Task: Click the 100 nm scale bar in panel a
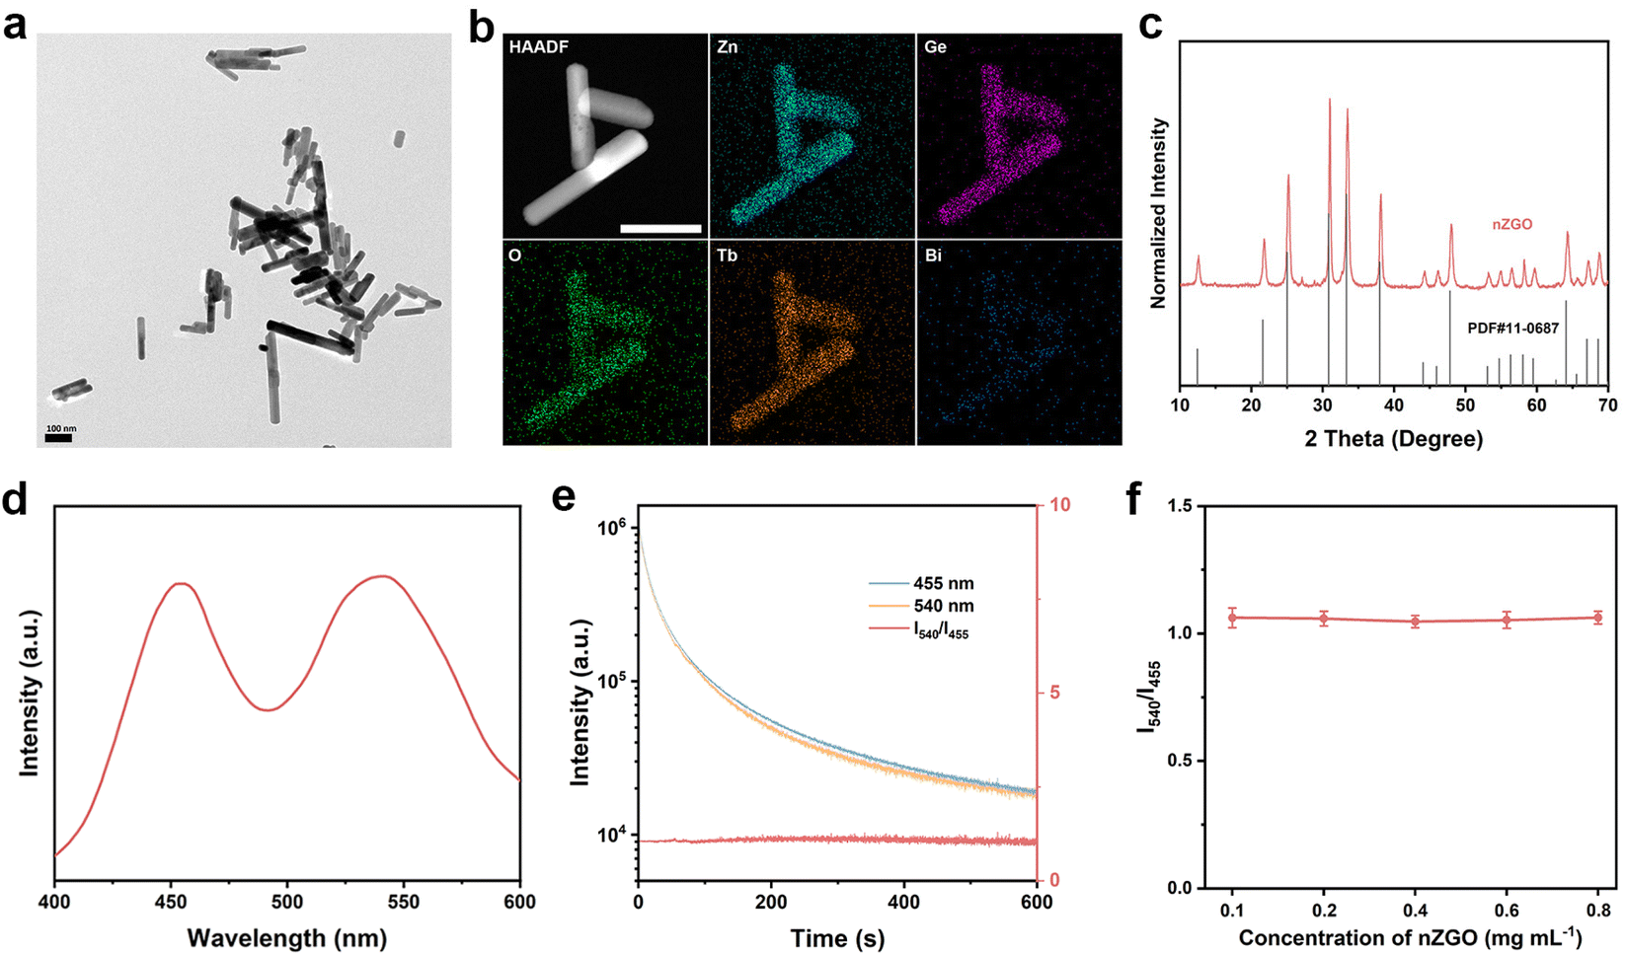[x=59, y=437]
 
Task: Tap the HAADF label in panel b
[x=538, y=46]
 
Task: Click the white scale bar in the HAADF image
[x=660, y=229]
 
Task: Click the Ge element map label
[x=935, y=46]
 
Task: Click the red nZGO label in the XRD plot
[x=1511, y=224]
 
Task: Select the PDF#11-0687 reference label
[x=1512, y=328]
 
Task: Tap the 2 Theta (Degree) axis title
[x=1393, y=439]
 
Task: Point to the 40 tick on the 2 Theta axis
[x=1394, y=405]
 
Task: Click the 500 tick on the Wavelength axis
[x=287, y=902]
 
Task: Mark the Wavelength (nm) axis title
[x=286, y=937]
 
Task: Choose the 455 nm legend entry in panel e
[x=943, y=584]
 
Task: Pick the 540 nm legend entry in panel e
[x=943, y=606]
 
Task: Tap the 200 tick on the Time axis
[x=771, y=902]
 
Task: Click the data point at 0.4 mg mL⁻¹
[x=1415, y=622]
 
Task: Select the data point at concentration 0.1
[x=1232, y=618]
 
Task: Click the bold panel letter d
[x=15, y=500]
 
